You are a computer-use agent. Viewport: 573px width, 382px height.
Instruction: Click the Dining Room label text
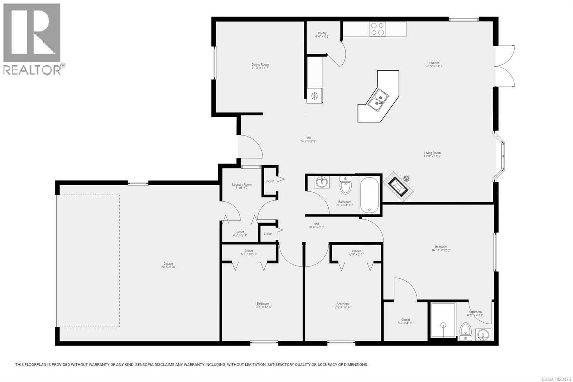[260, 65]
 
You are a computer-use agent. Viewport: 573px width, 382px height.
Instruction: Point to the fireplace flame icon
[406, 178]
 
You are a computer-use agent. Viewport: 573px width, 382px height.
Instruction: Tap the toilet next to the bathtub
[345, 185]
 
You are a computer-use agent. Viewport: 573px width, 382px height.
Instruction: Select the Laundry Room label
[242, 185]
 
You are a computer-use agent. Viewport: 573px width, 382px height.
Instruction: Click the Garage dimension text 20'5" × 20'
[168, 267]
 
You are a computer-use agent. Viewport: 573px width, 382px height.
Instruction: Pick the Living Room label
[432, 153]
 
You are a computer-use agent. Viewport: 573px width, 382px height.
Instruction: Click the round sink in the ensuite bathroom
[483, 335]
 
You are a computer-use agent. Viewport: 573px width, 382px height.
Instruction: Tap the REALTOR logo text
[32, 70]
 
